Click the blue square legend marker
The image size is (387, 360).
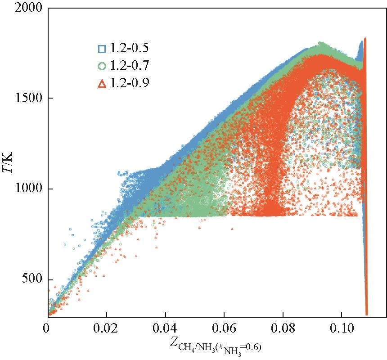tap(102, 49)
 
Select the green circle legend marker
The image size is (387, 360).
tap(102, 66)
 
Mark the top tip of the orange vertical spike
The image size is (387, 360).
tap(365, 39)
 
